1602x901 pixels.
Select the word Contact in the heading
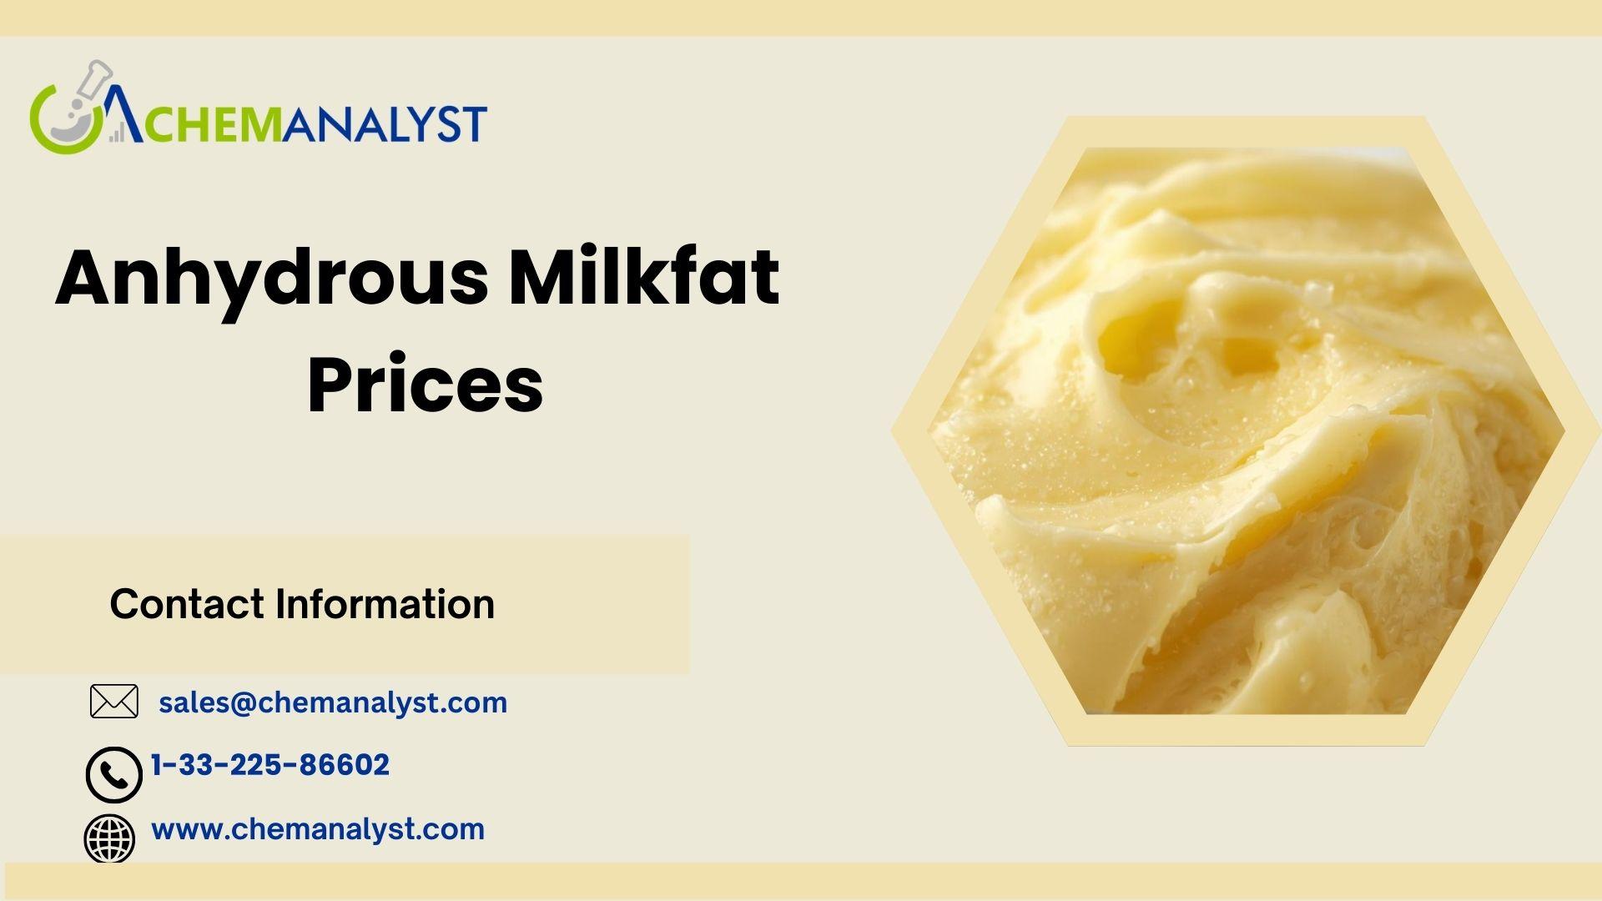click(x=187, y=604)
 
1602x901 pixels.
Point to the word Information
click(x=385, y=604)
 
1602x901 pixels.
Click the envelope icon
click(x=113, y=702)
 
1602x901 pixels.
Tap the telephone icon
click(x=113, y=775)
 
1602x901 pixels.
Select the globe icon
click(x=109, y=839)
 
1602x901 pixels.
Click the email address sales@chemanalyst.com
click(x=333, y=703)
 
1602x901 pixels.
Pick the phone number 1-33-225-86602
click(x=270, y=765)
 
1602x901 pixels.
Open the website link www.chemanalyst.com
click(x=318, y=829)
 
